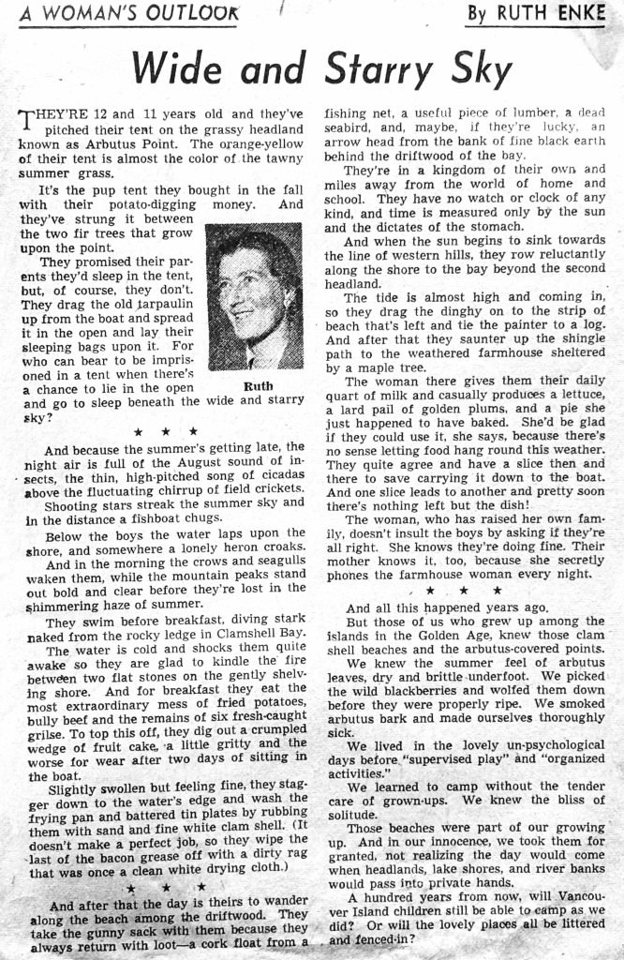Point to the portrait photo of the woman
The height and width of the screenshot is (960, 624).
254,296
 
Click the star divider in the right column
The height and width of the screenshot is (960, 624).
464,591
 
